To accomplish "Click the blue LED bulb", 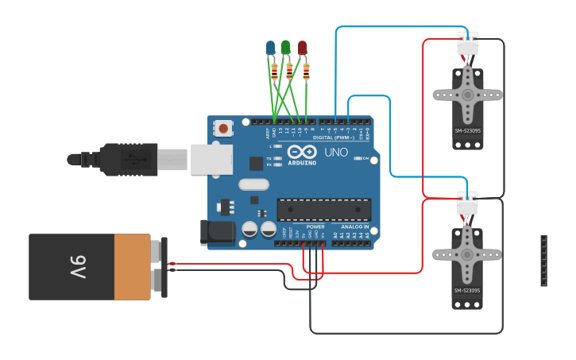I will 270,48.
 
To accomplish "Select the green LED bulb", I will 286,48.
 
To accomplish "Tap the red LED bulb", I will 303,48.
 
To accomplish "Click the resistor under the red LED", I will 306,74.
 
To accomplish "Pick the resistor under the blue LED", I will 275,72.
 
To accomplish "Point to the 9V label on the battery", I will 77,267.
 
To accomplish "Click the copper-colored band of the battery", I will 132,267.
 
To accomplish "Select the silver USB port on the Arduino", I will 211,159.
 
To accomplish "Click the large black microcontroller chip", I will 323,210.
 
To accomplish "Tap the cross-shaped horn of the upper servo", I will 467,95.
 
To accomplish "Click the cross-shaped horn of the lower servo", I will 467,254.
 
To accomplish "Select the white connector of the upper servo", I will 467,46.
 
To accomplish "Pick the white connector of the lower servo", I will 467,206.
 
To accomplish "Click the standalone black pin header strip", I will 543,261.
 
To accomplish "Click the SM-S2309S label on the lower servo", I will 467,291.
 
